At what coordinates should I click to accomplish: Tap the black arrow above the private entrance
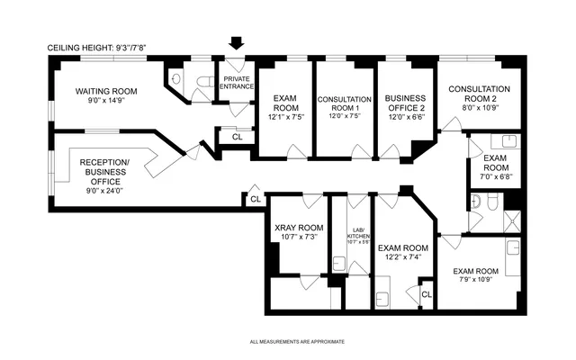(237, 43)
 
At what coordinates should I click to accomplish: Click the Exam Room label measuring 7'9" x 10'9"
(476, 274)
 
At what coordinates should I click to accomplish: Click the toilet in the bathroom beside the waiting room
(178, 79)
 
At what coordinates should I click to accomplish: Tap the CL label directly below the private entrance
(237, 137)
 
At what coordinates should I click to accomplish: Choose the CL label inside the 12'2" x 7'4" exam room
(426, 294)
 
